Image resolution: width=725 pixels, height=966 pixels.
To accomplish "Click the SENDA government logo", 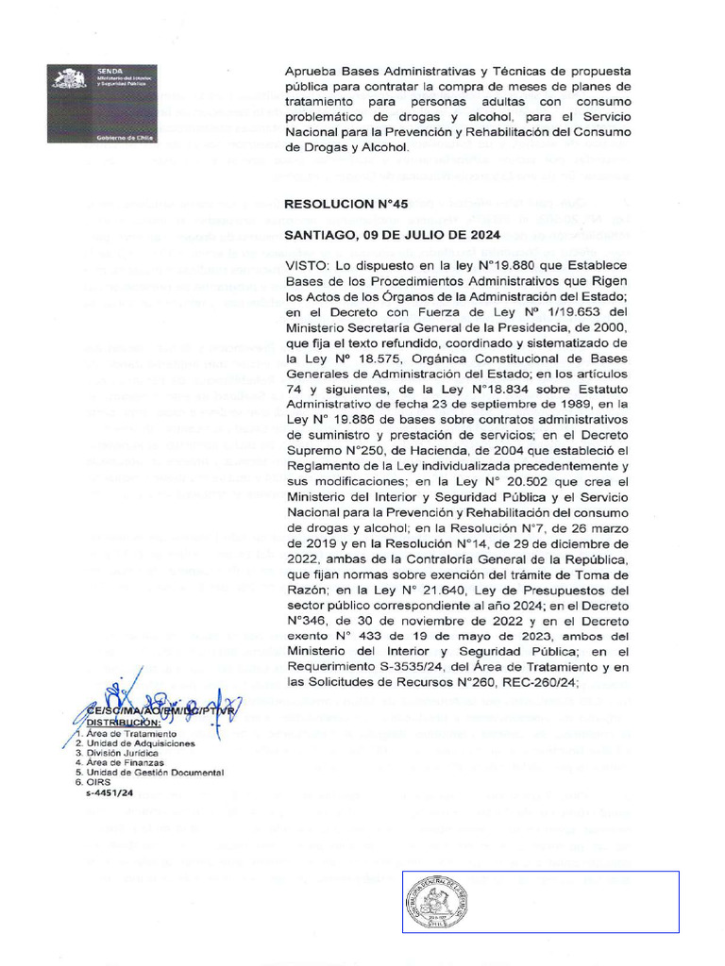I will (x=104, y=104).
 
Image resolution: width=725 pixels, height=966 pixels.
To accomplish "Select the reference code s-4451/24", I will (x=107, y=793).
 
